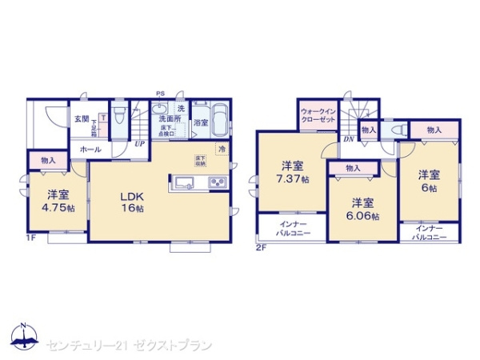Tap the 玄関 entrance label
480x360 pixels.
pyautogui.click(x=82, y=118)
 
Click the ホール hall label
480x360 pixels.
pyautogui.click(x=89, y=150)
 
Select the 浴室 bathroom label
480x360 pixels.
pyautogui.click(x=200, y=122)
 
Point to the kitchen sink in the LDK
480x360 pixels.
pyautogui.click(x=183, y=182)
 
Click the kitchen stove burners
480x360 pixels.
pyautogui.click(x=217, y=183)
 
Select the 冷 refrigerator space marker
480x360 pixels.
pyautogui.click(x=222, y=150)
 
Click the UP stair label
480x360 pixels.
pyautogui.click(x=140, y=145)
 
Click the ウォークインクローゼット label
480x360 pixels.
pyautogui.click(x=318, y=114)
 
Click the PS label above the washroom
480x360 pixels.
pyautogui.click(x=160, y=94)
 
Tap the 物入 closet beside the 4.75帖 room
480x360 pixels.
pyautogui.click(x=48, y=161)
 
